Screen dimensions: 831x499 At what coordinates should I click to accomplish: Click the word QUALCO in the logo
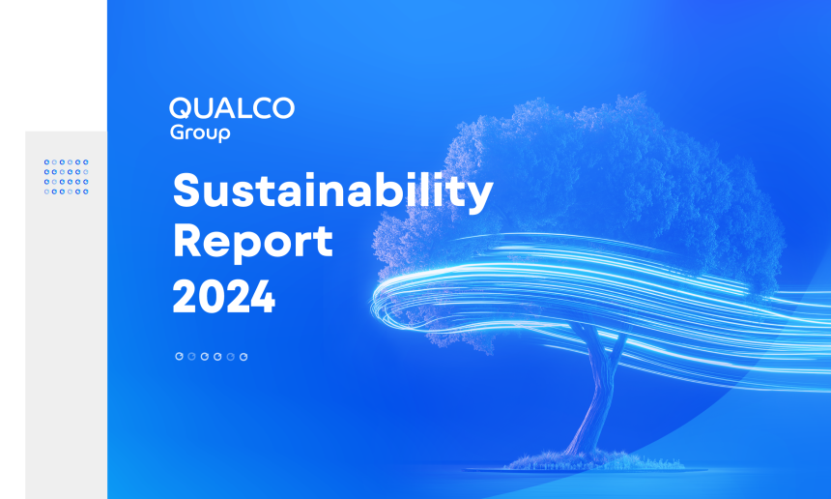point(232,108)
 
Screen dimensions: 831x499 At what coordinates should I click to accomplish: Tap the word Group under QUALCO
point(200,132)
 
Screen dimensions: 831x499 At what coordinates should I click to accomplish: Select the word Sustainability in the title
point(332,191)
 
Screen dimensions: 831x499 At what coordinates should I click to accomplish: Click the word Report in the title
point(253,242)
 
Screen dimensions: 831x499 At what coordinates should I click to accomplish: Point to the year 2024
point(223,297)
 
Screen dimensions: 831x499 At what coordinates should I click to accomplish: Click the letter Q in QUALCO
point(180,108)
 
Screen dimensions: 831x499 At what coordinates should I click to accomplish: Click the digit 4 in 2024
point(262,297)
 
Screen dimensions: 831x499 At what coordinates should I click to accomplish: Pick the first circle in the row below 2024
point(179,356)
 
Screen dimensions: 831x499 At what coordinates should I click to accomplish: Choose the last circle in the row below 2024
point(244,356)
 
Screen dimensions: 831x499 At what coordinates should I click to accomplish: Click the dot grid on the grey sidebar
point(67,177)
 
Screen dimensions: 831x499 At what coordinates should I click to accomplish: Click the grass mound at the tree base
point(593,460)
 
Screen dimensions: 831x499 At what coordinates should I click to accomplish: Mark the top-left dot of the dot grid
point(46,161)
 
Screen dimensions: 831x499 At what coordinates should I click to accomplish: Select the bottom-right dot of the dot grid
point(86,191)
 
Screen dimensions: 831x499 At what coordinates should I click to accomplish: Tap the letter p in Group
point(224,134)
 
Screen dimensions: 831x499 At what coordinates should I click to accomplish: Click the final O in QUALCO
point(283,108)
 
